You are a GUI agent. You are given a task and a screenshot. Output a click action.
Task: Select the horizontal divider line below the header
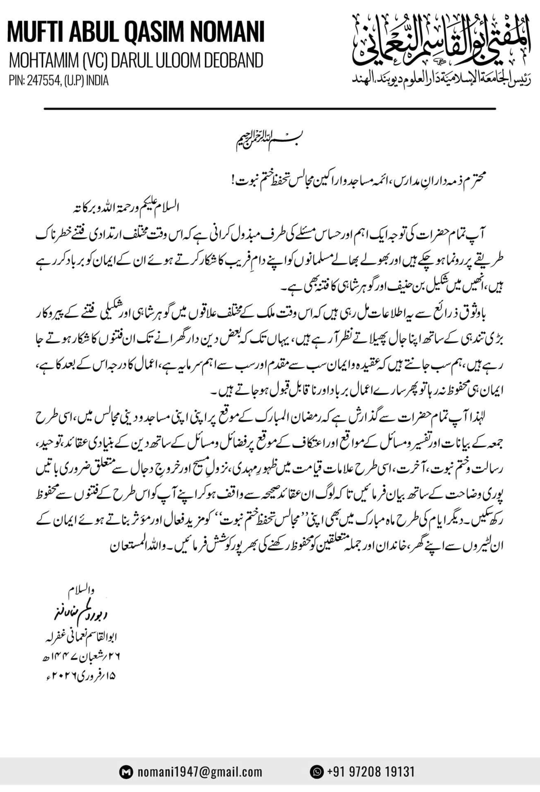270,108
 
